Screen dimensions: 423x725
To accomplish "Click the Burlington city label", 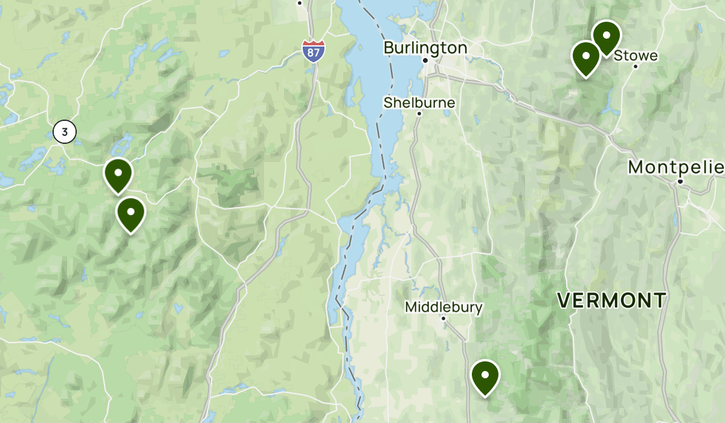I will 425,48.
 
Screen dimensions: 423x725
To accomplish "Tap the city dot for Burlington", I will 425,60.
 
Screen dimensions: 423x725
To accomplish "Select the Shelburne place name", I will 419,103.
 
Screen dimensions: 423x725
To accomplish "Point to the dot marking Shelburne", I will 419,113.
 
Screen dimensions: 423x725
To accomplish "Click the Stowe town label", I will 636,56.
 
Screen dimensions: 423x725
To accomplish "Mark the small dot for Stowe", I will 636,66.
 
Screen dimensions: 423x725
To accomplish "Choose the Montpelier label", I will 675,167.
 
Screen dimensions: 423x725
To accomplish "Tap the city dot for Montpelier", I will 680,181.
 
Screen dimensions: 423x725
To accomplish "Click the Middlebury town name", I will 443,307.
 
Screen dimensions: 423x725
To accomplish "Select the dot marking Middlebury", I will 443,318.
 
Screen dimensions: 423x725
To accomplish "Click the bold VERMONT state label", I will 611,300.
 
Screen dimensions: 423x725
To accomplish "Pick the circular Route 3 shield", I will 65,132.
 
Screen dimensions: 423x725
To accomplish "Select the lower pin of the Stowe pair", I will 585,57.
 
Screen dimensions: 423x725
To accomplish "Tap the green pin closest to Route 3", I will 118,173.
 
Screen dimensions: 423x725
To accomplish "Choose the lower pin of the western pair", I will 130,213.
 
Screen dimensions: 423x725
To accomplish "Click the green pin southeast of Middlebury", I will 485,376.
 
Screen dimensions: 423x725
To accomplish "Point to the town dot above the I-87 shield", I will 300,3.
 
